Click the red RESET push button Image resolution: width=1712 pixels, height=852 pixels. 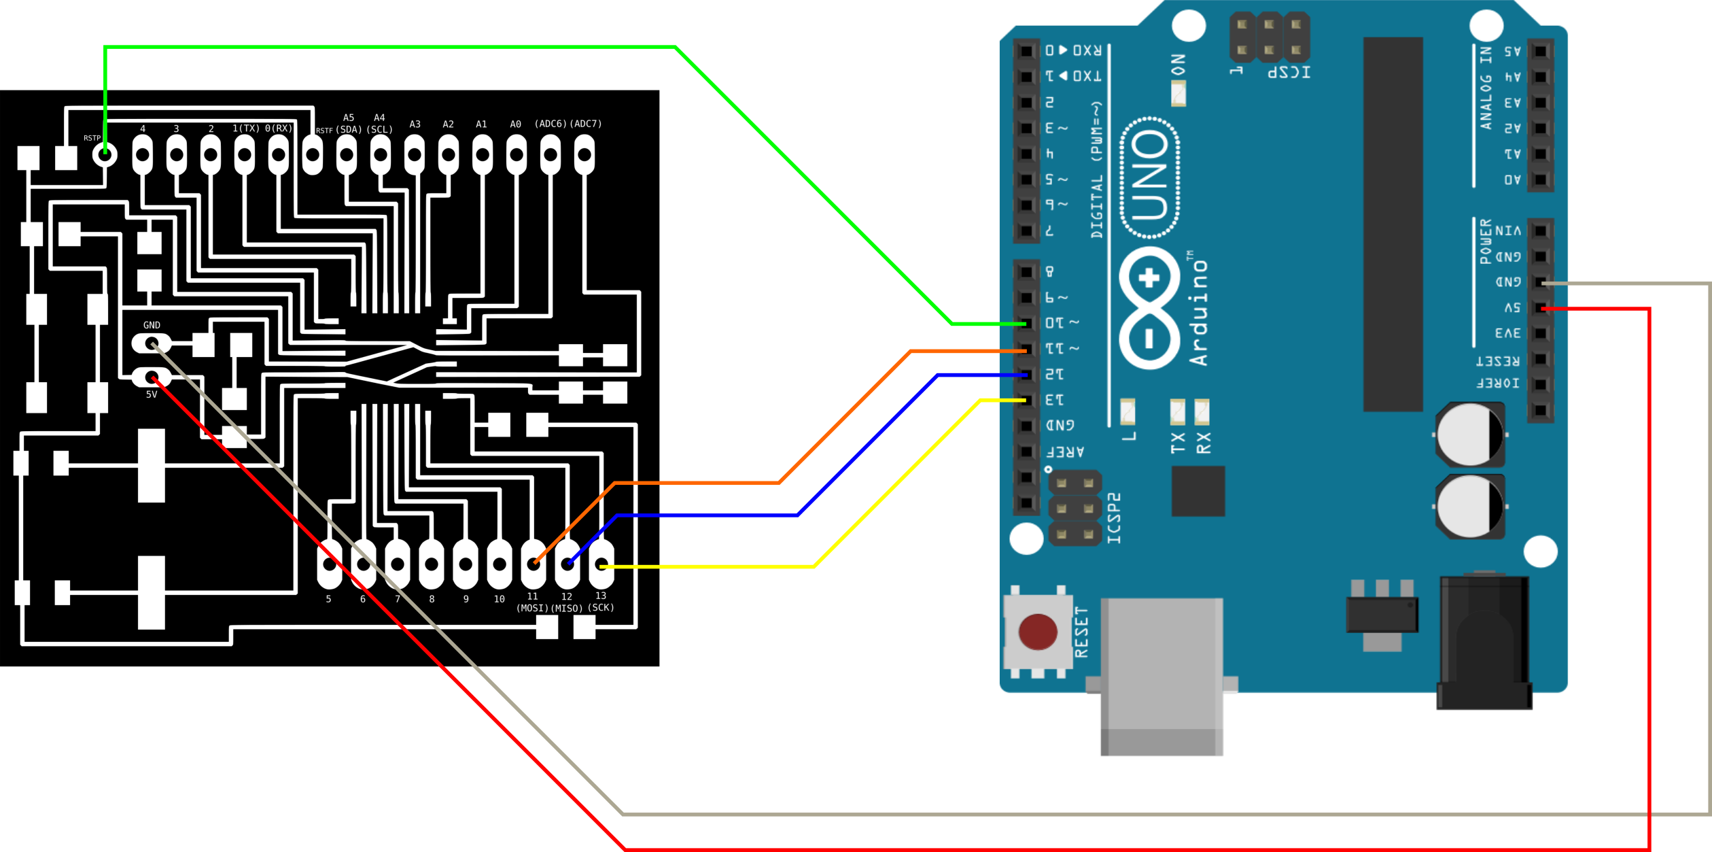point(1037,632)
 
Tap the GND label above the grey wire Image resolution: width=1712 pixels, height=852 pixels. point(152,325)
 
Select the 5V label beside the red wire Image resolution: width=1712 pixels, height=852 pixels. point(152,394)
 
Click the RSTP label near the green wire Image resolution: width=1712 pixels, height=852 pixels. point(92,138)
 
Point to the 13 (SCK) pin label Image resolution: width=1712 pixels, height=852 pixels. point(601,602)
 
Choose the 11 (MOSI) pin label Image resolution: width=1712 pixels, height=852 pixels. point(532,602)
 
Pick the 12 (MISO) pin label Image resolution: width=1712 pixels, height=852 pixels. point(567,602)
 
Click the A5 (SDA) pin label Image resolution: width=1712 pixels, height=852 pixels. point(349,124)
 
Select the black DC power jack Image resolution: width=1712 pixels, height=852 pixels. point(1484,643)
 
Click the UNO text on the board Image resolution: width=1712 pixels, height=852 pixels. point(1150,177)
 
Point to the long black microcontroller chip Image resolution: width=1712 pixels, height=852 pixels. point(1393,224)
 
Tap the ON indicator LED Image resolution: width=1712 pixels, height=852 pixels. point(1178,93)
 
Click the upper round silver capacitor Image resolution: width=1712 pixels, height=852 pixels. point(1469,434)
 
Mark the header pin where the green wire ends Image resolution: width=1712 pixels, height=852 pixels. point(1026,324)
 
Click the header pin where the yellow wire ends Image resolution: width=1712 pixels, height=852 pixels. point(1026,401)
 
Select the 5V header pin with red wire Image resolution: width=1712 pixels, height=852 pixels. point(1540,308)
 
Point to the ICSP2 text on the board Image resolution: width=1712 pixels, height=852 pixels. point(1114,518)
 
